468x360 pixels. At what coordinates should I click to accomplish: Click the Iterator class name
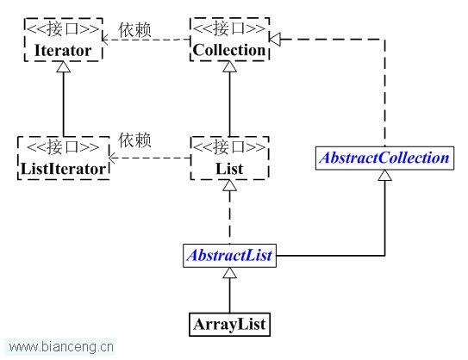(x=63, y=51)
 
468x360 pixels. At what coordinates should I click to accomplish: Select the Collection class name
(x=229, y=50)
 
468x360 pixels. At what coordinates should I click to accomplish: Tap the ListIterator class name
(x=63, y=169)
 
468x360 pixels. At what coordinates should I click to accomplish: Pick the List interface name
(x=229, y=169)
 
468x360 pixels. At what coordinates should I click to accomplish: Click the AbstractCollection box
(x=384, y=158)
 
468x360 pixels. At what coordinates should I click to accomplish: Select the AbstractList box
(x=229, y=256)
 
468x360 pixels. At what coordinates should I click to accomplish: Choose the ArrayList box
(x=229, y=325)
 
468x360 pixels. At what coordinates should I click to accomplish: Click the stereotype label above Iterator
(x=63, y=29)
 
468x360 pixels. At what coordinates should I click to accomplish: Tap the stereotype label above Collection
(x=229, y=28)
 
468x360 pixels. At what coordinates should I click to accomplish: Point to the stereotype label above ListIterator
(x=63, y=147)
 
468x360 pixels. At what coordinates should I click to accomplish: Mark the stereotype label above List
(x=229, y=147)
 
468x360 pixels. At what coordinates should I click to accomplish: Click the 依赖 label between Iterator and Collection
(x=135, y=30)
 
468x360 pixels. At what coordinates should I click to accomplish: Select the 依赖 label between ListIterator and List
(x=135, y=140)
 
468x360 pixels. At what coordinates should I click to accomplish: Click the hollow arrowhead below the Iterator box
(x=63, y=67)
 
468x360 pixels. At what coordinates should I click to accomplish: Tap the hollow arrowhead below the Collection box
(x=229, y=66)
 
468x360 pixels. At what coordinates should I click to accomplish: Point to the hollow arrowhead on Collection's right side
(x=275, y=39)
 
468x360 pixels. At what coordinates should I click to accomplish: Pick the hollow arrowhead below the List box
(x=229, y=185)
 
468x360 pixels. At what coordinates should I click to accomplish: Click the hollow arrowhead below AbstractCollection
(x=384, y=175)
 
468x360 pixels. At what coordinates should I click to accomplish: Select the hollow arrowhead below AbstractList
(x=229, y=273)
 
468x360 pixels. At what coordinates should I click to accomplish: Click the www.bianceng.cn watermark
(x=61, y=347)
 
